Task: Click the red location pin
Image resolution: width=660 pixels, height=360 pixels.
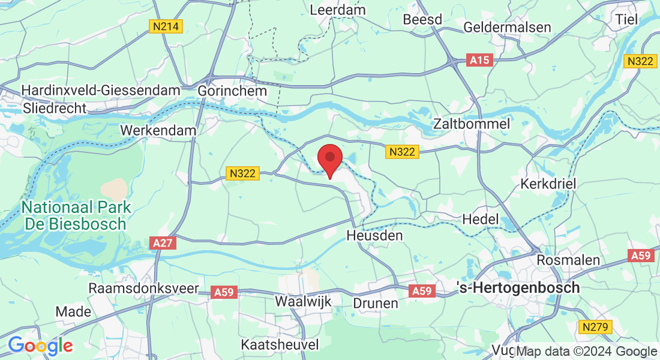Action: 329,159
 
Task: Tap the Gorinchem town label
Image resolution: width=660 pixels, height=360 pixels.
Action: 232,91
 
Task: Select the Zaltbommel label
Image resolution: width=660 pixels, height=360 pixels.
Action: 472,124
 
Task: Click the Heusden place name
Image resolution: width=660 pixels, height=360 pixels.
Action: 374,236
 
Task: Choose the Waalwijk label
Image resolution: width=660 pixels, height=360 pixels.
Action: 303,301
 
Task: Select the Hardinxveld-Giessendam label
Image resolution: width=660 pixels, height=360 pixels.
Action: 101,91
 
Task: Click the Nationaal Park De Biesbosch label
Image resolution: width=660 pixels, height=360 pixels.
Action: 76,216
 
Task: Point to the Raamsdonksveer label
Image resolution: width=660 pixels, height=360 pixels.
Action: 143,288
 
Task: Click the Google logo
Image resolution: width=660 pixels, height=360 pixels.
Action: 40,346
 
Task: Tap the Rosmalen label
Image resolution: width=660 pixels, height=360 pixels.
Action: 560,260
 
